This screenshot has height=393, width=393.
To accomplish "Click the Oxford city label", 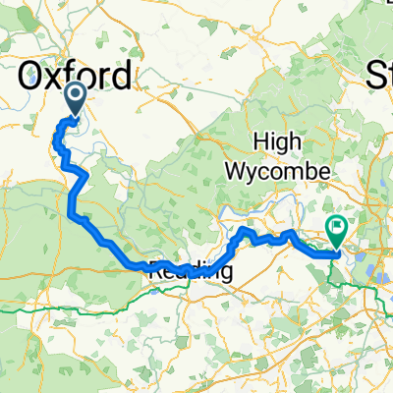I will pyautogui.click(x=76, y=75).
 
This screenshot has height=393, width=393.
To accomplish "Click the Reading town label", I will pyautogui.click(x=193, y=273).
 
